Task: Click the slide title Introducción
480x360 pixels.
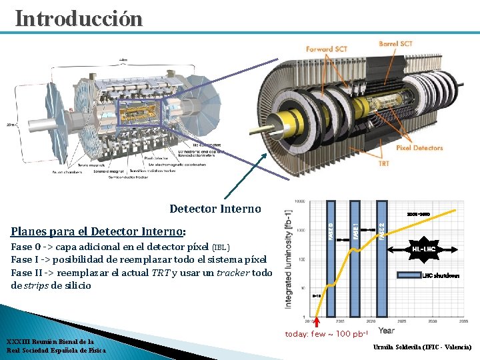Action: click(79, 18)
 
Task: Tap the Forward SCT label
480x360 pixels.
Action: click(327, 49)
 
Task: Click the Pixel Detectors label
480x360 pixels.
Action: click(419, 148)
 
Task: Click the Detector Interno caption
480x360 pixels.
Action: click(215, 209)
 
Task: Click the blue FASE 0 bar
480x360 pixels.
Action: click(331, 260)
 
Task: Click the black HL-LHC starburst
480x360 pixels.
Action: click(424, 249)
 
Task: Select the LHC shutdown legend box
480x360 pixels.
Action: click(409, 275)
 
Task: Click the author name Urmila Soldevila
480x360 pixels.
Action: click(422, 347)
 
